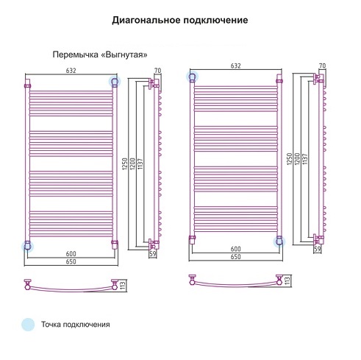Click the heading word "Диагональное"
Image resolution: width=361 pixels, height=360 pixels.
[x=146, y=21]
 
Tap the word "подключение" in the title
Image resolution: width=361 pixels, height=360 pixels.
[x=216, y=21]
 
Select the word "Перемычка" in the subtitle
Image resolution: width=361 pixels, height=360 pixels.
[x=76, y=54]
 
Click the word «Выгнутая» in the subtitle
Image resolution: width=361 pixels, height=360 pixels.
[x=124, y=54]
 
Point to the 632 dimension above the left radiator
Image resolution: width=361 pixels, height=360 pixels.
[x=71, y=71]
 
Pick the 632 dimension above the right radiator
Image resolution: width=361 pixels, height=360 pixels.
[x=236, y=66]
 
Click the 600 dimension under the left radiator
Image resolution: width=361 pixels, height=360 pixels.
[x=71, y=253]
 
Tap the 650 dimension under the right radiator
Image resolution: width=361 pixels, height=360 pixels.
[x=236, y=257]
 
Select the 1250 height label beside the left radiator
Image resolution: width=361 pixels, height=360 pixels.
[x=124, y=164]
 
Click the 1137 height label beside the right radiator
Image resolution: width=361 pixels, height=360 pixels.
[x=304, y=159]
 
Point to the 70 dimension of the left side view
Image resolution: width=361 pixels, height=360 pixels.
[x=158, y=71]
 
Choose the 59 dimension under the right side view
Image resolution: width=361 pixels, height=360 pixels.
[x=318, y=249]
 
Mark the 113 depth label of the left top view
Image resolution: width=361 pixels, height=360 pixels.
[x=123, y=285]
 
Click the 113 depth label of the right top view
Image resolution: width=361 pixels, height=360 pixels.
[x=287, y=280]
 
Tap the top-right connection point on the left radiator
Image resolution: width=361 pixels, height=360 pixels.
[x=115, y=81]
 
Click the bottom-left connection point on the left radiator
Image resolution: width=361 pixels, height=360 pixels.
[x=27, y=246]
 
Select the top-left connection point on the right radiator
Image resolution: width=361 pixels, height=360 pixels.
[x=192, y=77]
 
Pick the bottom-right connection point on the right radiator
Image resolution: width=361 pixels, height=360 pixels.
[x=279, y=241]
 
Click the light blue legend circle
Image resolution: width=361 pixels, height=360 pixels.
[x=28, y=325]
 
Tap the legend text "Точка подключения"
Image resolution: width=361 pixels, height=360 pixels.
[x=76, y=325]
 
